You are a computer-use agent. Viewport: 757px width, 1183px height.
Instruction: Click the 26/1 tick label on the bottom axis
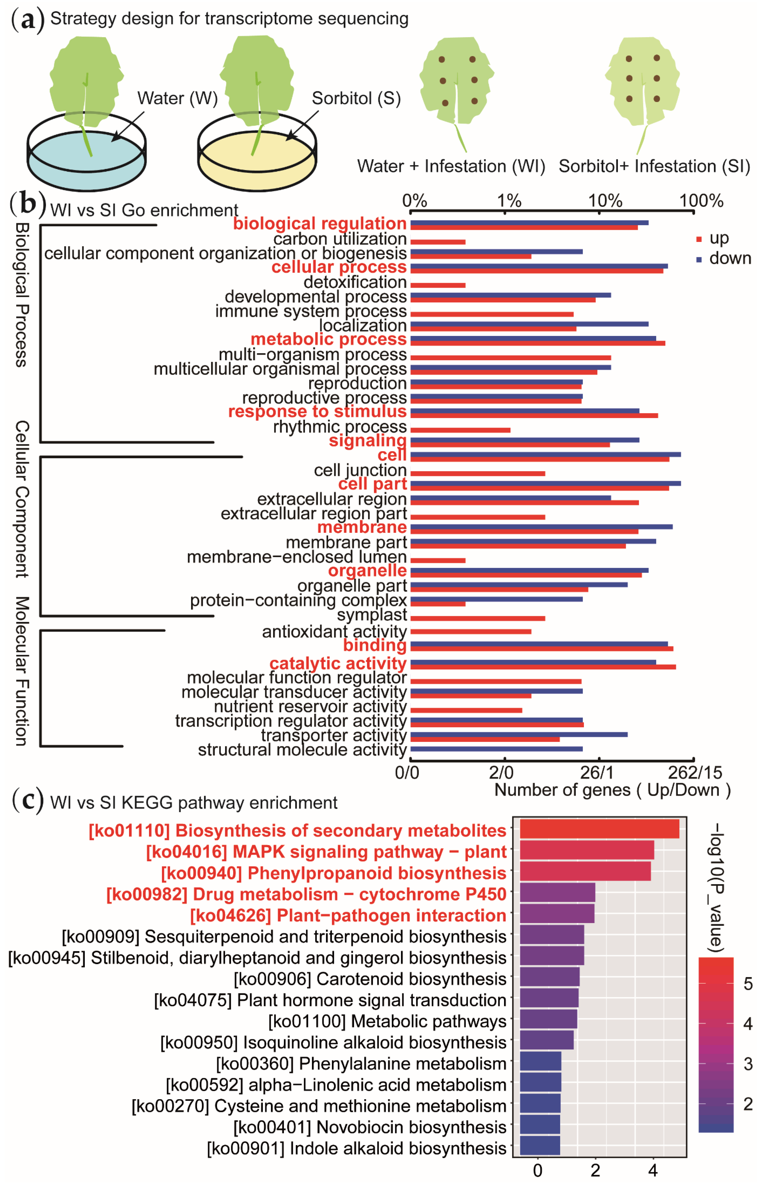[597, 773]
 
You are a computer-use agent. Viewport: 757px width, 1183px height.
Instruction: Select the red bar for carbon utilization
[437, 242]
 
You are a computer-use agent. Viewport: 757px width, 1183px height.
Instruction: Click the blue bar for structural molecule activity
[497, 749]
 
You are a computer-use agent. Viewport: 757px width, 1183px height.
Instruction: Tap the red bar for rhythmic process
[460, 430]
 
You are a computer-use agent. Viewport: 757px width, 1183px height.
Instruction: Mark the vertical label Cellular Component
[22, 499]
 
